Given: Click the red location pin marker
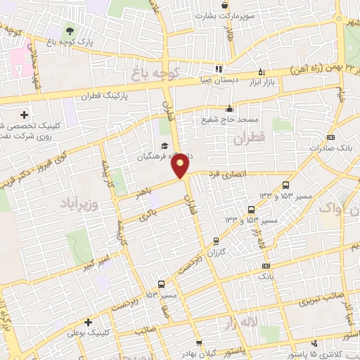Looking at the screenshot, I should tap(181, 166).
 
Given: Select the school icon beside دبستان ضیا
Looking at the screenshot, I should tap(218, 69).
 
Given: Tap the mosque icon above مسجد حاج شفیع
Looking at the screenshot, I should tap(229, 108).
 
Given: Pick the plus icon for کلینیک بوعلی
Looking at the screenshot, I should tap(87, 322).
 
